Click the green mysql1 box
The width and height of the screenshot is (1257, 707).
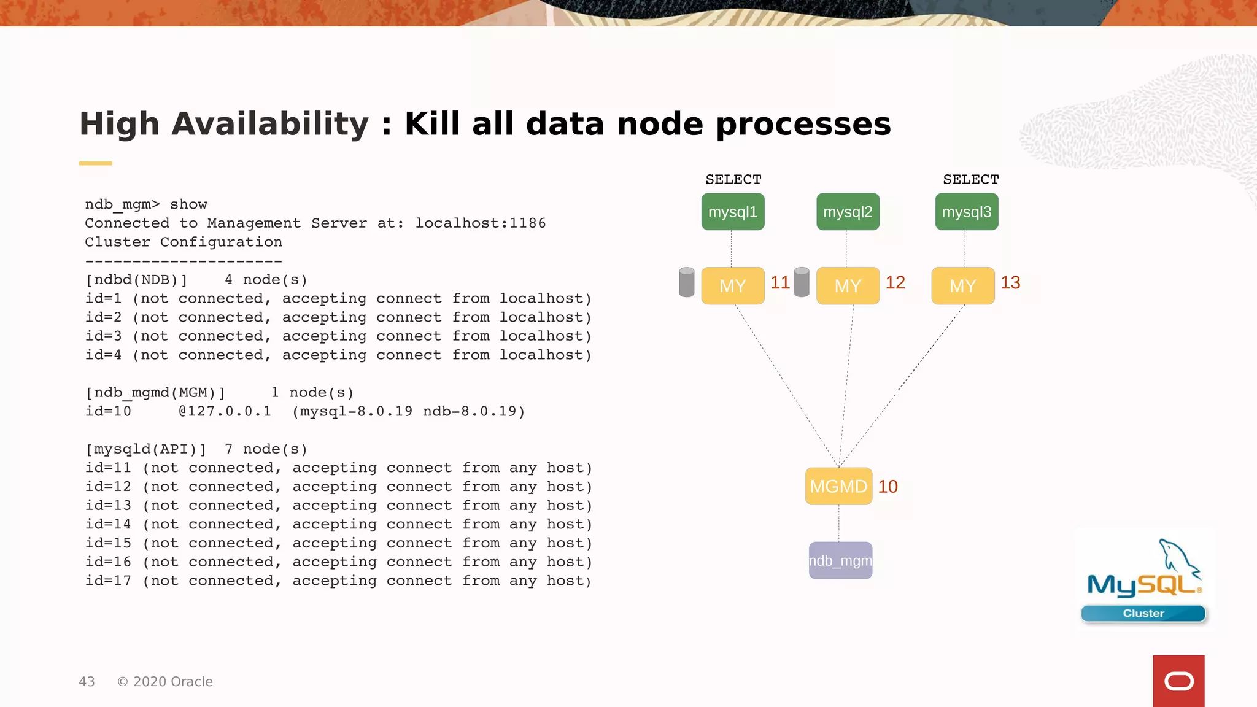tap(733, 212)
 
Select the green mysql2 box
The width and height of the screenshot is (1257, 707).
tap(848, 212)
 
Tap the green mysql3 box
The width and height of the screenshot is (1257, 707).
tap(967, 212)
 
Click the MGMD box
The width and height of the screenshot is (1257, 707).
tap(838, 486)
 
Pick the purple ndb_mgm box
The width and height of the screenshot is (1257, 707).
tap(840, 560)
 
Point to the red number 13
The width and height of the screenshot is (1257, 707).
tap(1010, 282)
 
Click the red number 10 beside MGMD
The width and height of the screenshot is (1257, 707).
tap(888, 486)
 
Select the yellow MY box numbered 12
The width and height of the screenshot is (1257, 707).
tap(848, 285)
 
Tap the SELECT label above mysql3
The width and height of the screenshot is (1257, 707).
tap(971, 179)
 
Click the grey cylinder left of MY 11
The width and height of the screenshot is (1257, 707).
tap(687, 282)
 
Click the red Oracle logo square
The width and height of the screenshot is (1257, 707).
tap(1178, 681)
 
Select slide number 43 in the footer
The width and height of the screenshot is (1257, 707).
tap(87, 681)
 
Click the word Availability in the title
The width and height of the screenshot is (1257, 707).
tap(270, 124)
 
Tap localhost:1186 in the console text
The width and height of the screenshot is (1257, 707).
tap(480, 223)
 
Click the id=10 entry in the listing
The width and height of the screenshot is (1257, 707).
tap(108, 411)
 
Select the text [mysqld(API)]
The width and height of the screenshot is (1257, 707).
tap(145, 449)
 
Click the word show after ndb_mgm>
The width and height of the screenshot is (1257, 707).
tap(188, 204)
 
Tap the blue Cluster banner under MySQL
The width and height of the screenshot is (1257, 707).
tap(1143, 613)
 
